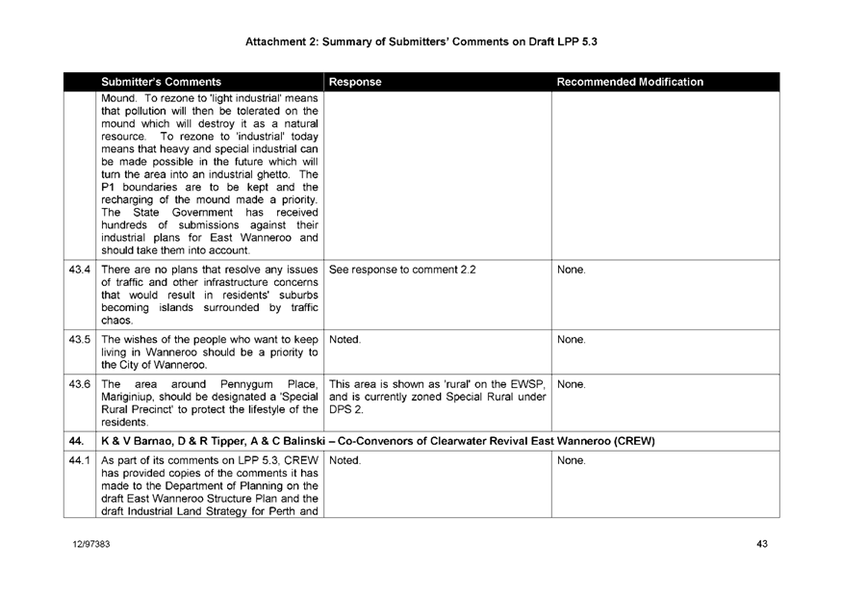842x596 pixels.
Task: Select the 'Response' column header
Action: click(x=358, y=83)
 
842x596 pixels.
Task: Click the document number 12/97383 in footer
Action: click(x=88, y=545)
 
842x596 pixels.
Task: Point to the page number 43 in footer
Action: click(x=761, y=545)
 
